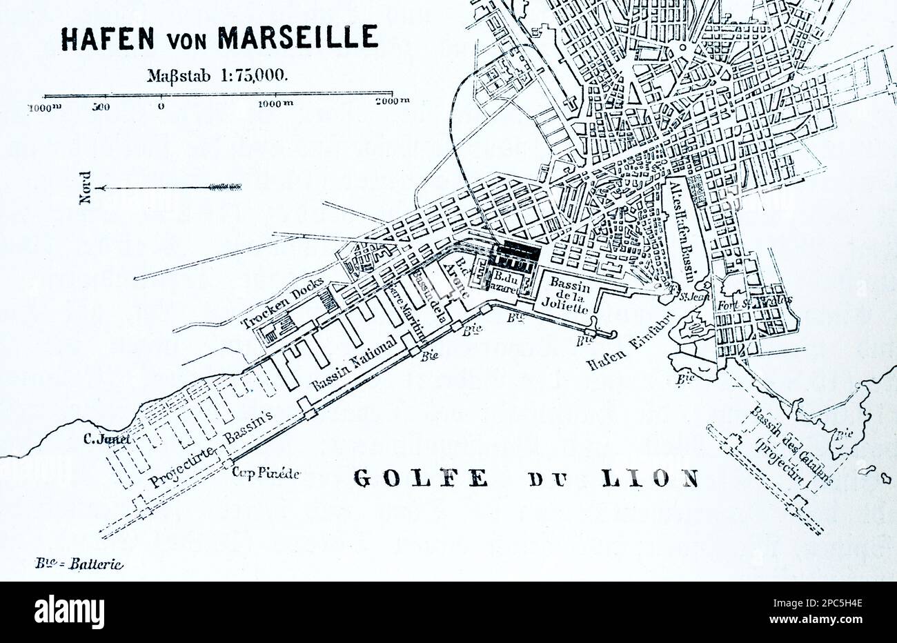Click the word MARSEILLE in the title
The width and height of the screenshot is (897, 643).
(x=298, y=38)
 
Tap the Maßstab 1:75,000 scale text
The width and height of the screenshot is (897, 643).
(x=215, y=75)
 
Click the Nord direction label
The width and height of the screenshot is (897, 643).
(x=86, y=187)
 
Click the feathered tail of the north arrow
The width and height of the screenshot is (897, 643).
(x=225, y=186)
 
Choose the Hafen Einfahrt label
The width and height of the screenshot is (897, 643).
(x=619, y=349)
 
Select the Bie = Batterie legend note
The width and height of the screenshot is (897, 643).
(x=79, y=564)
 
